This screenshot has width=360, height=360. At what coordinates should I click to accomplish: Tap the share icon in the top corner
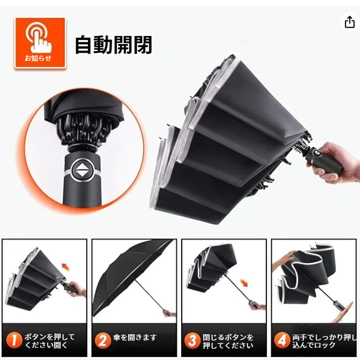[349, 22]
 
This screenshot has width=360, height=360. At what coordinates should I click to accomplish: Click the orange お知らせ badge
[40, 43]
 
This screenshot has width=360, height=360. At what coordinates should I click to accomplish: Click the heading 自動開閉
[114, 45]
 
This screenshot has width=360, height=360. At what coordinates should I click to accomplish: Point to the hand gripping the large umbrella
[338, 162]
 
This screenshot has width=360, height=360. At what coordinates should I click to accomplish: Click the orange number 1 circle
[14, 340]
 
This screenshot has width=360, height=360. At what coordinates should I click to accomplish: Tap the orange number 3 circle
[192, 341]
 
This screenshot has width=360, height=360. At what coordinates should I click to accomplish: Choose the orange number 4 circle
[282, 341]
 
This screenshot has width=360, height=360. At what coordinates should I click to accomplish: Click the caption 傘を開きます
[135, 337]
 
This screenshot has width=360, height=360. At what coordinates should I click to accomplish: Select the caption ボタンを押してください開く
[50, 341]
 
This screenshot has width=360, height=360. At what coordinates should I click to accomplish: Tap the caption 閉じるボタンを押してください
[228, 341]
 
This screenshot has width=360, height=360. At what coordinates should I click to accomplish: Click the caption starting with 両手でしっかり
[324, 341]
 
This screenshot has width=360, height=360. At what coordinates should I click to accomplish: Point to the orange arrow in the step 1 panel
[66, 267]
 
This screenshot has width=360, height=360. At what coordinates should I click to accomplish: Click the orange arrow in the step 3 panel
[244, 283]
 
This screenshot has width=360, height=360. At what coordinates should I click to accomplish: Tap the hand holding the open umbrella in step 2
[171, 314]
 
